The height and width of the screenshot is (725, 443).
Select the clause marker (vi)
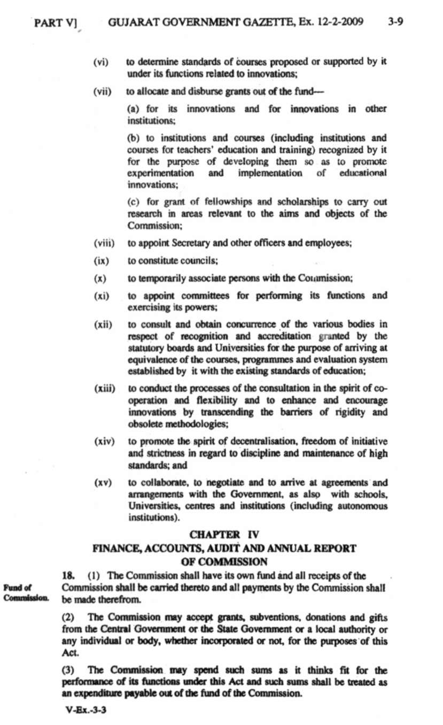(x=101, y=62)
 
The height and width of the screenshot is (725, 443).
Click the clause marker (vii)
(x=102, y=91)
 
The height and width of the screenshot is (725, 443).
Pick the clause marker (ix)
(x=101, y=261)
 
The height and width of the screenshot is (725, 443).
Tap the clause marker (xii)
(x=102, y=325)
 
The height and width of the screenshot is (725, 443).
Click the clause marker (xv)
(x=102, y=482)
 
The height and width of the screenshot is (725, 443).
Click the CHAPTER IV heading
(x=224, y=534)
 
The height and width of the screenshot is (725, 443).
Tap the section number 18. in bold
(x=68, y=576)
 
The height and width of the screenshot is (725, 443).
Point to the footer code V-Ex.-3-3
(x=81, y=712)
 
